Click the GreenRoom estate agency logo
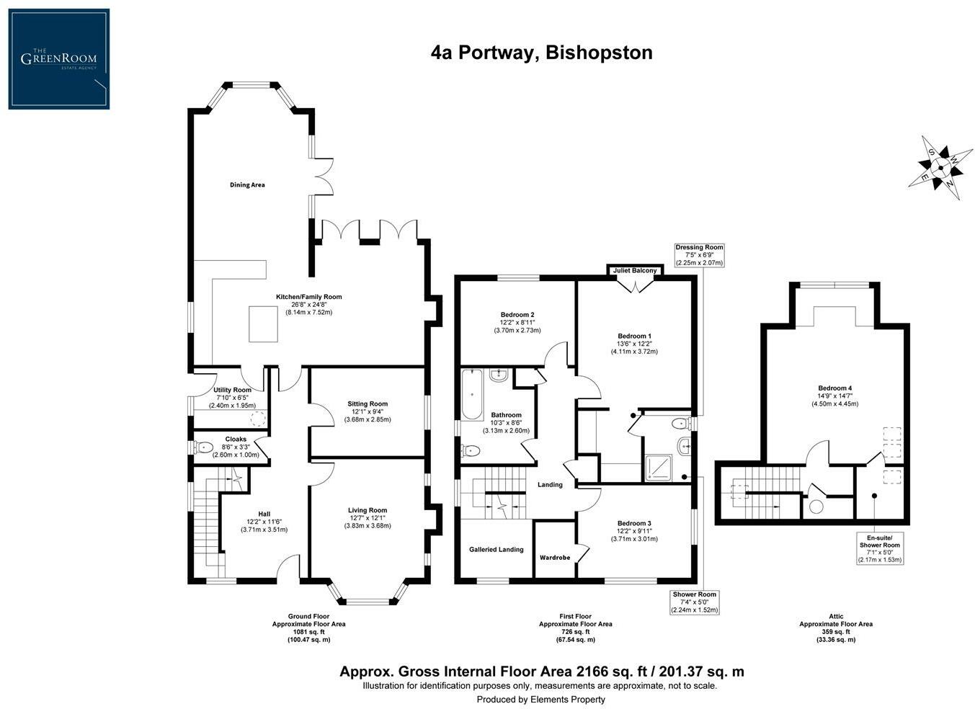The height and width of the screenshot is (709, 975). coord(58,59)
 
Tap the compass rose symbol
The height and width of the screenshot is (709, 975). coord(940,166)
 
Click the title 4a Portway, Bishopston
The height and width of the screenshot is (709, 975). coord(541,53)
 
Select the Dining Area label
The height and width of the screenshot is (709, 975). coord(247,185)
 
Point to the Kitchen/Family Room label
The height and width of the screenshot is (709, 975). coord(308,297)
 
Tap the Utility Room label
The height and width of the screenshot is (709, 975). coord(232,390)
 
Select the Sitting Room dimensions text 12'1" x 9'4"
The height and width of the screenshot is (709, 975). coord(368,412)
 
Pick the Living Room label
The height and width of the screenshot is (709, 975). coord(368,510)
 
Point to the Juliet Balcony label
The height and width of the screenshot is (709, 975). coord(634,271)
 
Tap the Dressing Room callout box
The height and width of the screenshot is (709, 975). coord(699,255)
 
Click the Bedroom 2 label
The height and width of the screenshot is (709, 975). coord(517,315)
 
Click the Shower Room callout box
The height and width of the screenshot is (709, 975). coord(695,602)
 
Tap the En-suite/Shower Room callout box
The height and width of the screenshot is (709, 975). coord(880,548)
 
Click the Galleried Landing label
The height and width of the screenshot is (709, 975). coord(496,550)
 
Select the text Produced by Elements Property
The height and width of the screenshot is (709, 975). coord(540,700)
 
